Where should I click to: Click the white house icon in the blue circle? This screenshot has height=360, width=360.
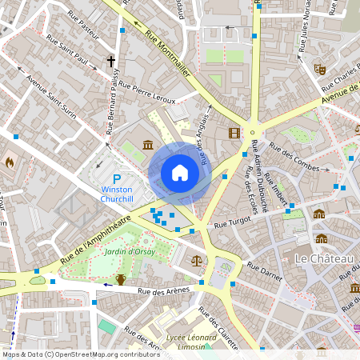pos(180,173)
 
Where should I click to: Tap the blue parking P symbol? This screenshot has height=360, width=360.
pos(117,179)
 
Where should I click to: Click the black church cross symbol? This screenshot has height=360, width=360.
pos(111,61)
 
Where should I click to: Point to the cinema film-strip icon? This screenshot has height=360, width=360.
pos(234,133)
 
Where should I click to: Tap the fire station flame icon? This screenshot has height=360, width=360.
pos(10,162)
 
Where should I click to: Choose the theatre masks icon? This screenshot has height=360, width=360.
pos(320,70)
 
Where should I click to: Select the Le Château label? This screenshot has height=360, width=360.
pos(323,259)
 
